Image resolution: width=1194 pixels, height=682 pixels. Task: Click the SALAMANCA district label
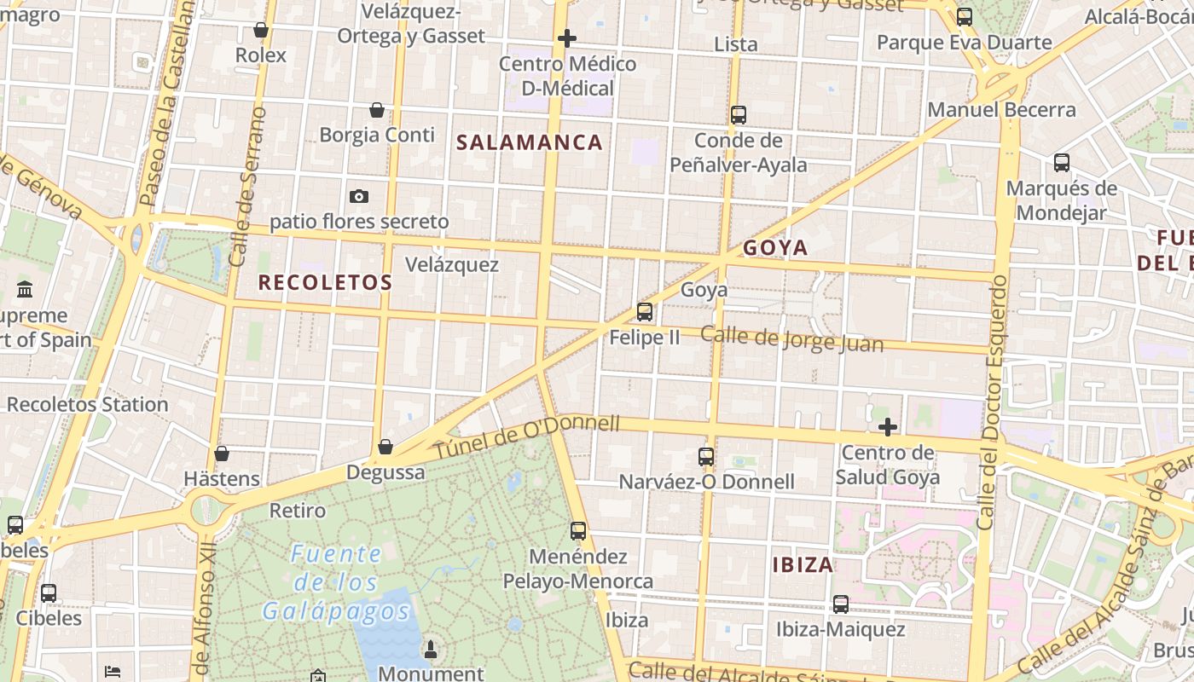tap(530, 142)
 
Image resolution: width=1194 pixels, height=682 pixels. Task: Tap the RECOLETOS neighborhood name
tap(325, 282)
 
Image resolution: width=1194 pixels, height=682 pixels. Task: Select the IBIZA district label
tap(803, 564)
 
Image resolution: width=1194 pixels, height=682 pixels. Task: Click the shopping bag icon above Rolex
tap(261, 31)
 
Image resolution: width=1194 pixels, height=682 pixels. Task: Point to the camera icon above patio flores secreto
tap(359, 197)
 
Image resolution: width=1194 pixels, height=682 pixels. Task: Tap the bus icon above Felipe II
tap(645, 312)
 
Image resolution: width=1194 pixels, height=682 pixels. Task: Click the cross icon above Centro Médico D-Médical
tap(567, 38)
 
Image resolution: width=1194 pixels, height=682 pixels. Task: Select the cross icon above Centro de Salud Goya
tap(888, 426)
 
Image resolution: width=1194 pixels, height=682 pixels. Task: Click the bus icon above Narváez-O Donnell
tap(706, 457)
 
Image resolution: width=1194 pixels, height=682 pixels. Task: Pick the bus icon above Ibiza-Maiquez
tap(841, 604)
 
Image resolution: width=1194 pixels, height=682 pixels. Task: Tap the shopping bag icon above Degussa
tap(385, 447)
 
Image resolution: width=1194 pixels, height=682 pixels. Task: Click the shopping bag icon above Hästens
tap(222, 454)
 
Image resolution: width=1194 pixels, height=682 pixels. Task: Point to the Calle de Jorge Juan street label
tap(791, 338)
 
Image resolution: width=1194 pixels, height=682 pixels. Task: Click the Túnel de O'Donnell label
tap(526, 437)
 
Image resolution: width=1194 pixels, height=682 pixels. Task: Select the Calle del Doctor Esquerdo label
tap(994, 401)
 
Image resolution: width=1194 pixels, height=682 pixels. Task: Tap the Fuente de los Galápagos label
tap(336, 582)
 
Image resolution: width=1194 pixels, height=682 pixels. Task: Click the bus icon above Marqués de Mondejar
tap(1062, 163)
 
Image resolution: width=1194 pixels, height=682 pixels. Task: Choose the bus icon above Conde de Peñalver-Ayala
tap(739, 115)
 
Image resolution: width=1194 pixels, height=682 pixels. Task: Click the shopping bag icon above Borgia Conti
tap(377, 110)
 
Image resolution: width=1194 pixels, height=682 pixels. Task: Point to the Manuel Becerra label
tap(1001, 110)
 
